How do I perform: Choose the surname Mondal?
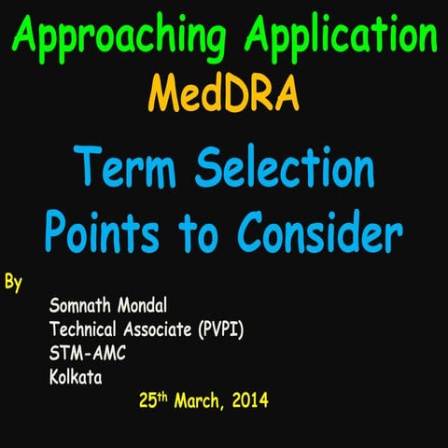pos(146,306)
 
